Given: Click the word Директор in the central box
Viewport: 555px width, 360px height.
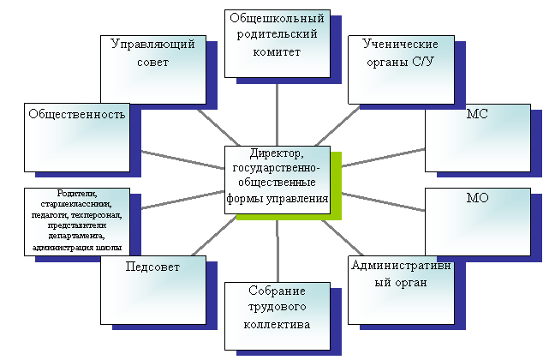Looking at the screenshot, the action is (x=277, y=153).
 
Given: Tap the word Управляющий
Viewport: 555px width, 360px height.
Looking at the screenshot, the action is (x=153, y=45).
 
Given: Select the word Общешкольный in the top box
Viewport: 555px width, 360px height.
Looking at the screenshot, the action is (x=277, y=18).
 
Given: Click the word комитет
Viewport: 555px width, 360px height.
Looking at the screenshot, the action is (x=277, y=52).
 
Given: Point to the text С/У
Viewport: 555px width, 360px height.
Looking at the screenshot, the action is (x=423, y=62).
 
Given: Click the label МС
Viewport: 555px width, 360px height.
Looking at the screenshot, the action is (x=477, y=114).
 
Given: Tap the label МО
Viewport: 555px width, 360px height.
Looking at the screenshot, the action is (x=477, y=198).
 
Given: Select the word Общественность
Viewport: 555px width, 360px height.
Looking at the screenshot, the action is (x=77, y=114).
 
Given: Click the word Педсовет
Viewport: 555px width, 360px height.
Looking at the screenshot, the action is (x=152, y=267).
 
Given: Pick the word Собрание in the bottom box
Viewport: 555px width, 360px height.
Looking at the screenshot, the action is (x=277, y=291).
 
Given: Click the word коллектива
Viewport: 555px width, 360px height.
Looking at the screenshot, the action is (x=277, y=324).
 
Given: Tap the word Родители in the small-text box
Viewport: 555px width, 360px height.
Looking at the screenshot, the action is (x=77, y=194).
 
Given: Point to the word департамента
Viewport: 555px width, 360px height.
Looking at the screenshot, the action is (x=76, y=236).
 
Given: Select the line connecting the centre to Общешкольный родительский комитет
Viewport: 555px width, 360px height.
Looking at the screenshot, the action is (x=277, y=115).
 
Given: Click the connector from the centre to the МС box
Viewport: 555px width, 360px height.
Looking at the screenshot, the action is (x=384, y=158).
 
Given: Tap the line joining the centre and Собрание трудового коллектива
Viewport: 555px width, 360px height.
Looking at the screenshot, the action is (x=277, y=251).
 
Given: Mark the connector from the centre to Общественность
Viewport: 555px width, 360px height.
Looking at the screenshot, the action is (x=182, y=159).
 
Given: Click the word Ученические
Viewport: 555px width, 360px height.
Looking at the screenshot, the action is (x=400, y=45).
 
